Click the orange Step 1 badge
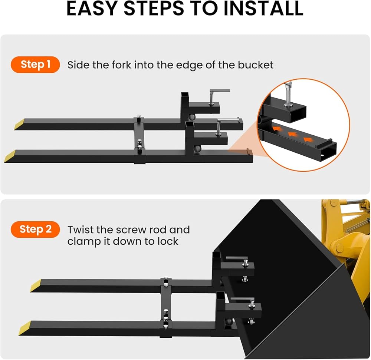pos(35,65)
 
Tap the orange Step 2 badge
pos(35,229)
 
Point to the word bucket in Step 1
pos(256,65)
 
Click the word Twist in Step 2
pos(80,229)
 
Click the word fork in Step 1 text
pos(121,65)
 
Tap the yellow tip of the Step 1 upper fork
pos(19,124)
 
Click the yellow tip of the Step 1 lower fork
pos(10,156)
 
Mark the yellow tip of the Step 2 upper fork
pos(36,285)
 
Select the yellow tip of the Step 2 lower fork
pos(25,328)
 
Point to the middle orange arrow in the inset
pos(292,135)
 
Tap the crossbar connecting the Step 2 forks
pos(166,307)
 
